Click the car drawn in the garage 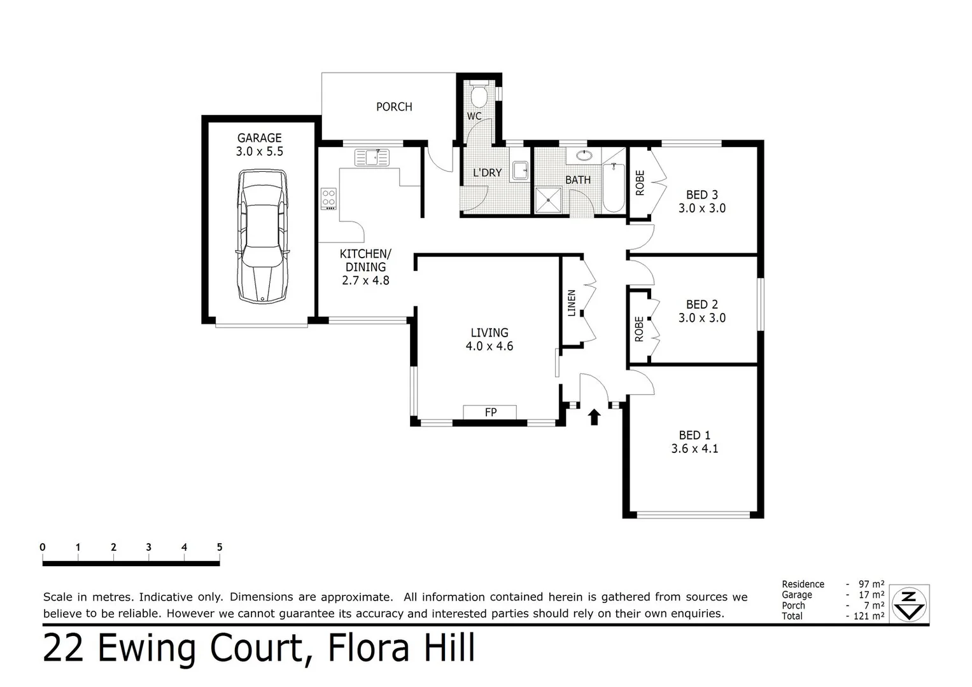click(262, 236)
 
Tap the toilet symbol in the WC click(479, 96)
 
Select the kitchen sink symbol click(372, 157)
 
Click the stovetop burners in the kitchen click(328, 198)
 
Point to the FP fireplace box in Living click(490, 412)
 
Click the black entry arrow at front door click(594, 417)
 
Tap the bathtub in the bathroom click(614, 189)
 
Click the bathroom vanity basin click(584, 155)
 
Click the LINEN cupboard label click(572, 303)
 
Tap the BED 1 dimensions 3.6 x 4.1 click(694, 448)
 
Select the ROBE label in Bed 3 click(640, 183)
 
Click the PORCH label click(394, 107)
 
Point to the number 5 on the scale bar click(220, 547)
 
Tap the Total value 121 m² click(869, 616)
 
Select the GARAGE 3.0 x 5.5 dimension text click(259, 151)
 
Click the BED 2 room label click(701, 305)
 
